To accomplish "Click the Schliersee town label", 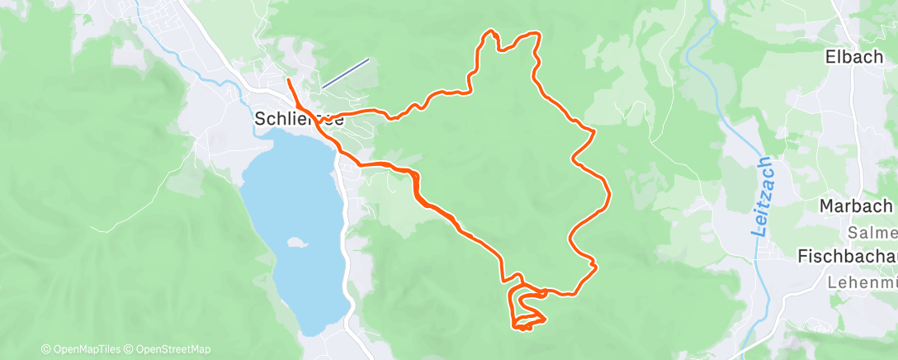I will (299, 120).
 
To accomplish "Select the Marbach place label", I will (857, 205).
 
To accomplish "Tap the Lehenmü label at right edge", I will (862, 282).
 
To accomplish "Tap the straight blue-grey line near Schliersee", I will (345, 73).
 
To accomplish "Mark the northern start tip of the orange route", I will (287, 80).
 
